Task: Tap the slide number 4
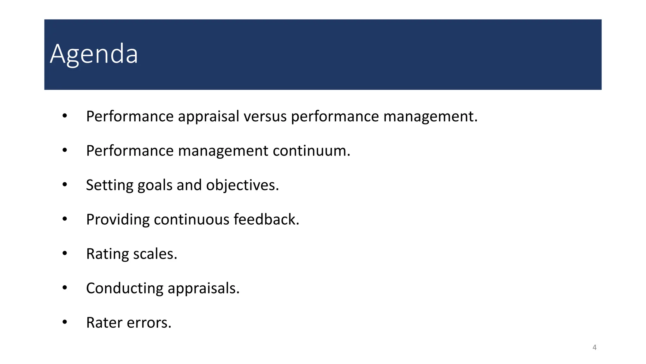pos(594,348)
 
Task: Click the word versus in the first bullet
pos(265,116)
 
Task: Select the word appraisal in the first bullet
pos(208,116)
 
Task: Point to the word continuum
pos(311,151)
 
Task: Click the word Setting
pos(109,185)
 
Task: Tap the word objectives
pos(242,185)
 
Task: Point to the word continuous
pos(191,220)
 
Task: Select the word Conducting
pos(124,288)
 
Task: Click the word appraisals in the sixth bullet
pos(203,288)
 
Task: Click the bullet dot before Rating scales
pos(65,253)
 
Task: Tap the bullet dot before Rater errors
pos(65,322)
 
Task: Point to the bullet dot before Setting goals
pos(65,185)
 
